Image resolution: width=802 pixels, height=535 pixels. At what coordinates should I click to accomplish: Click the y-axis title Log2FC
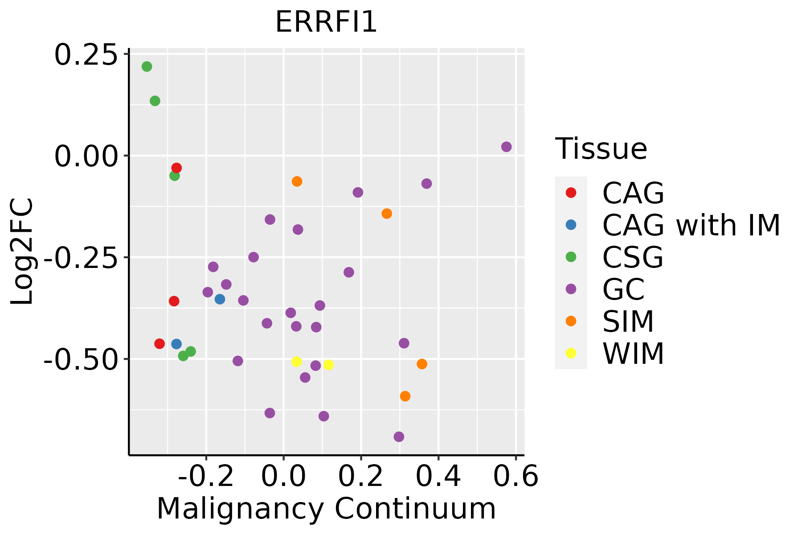coord(22,251)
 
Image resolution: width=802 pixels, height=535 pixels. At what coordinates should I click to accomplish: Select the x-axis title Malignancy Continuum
coord(326,509)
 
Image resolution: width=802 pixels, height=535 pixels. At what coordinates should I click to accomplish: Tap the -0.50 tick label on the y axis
coord(80,359)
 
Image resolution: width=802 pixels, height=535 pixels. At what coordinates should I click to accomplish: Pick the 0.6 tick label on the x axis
coord(516,477)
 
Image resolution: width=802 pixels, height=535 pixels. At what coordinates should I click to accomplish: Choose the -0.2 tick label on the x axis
coord(206,477)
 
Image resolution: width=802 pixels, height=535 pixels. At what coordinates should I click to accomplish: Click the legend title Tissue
coord(601,149)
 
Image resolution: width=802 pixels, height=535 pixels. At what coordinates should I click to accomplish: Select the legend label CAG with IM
coord(691,225)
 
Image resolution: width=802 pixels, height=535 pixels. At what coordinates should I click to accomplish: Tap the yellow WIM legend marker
coord(571,353)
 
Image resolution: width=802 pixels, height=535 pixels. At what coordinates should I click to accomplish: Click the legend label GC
coord(623,289)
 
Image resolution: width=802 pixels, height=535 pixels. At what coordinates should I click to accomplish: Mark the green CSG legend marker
coord(571,257)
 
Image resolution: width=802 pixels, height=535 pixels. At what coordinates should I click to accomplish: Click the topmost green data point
coord(147,66)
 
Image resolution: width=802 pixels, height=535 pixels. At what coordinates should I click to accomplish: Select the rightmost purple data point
coord(507,147)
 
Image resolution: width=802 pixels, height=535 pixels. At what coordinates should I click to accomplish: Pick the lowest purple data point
coord(399,436)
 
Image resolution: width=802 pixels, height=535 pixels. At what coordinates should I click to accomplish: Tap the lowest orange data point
coord(405,396)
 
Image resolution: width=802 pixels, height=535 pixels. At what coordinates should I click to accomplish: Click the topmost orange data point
coord(297,181)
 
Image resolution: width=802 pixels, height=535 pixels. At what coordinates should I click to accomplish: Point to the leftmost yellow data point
coord(297,362)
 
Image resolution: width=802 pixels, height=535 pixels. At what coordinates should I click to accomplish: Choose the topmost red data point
coord(176,168)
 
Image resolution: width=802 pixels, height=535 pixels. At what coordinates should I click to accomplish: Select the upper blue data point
coord(220,299)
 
